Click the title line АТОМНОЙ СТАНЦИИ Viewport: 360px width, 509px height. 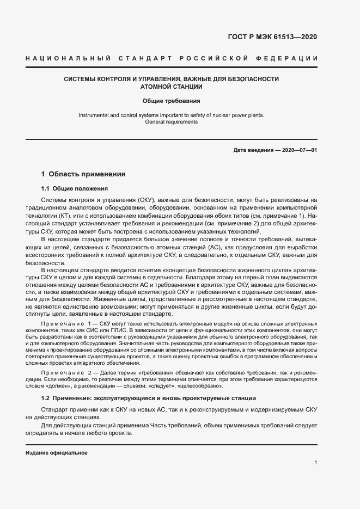click(x=172, y=87)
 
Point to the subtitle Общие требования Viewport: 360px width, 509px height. click(x=172, y=101)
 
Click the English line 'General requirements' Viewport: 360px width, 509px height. click(x=172, y=122)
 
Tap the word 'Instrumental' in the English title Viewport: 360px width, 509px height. click(x=94, y=115)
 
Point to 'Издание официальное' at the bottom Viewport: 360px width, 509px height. click(x=57, y=453)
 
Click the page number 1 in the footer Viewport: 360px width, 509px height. click(x=316, y=462)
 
